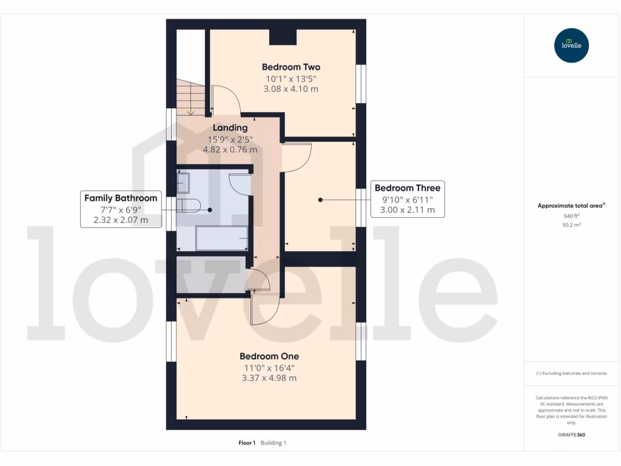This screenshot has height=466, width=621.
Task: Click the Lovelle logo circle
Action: point(571,46)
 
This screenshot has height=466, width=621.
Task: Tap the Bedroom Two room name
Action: point(290,67)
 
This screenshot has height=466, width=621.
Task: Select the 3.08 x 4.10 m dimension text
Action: point(290,89)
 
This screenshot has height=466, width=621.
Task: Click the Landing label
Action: point(230,128)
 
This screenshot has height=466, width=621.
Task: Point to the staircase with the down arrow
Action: point(190,97)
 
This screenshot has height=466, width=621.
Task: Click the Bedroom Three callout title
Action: point(407,188)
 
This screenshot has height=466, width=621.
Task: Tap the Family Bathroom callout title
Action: point(121,198)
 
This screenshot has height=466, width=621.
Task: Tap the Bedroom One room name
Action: point(269,356)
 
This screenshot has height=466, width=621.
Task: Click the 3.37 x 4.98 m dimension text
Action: point(269,378)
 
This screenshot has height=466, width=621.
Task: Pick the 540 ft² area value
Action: point(571,216)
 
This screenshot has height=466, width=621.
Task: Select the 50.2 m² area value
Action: point(571,225)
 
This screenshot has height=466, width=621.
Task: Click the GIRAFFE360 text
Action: point(571,435)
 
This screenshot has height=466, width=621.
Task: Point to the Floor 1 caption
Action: point(247,443)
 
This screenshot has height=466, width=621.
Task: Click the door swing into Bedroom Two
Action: point(225,100)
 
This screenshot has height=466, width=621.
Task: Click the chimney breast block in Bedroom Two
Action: point(283,36)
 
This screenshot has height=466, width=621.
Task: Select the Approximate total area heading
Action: point(570,206)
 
